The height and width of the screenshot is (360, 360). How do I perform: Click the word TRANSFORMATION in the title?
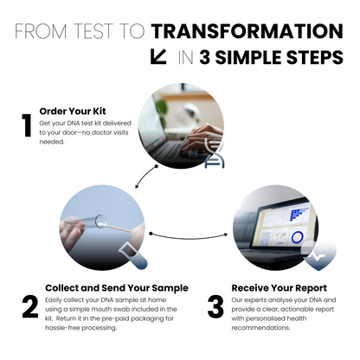click(x=247, y=32)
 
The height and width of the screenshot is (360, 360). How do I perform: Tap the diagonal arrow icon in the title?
click(x=158, y=58)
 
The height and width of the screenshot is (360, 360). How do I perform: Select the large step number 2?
click(x=29, y=307)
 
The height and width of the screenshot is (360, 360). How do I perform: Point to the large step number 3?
click(x=215, y=307)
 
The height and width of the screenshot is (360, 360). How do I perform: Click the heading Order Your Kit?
click(x=75, y=111)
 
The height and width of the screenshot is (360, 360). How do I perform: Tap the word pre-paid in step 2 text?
click(x=123, y=318)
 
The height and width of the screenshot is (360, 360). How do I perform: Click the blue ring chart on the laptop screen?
click(x=297, y=236)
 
